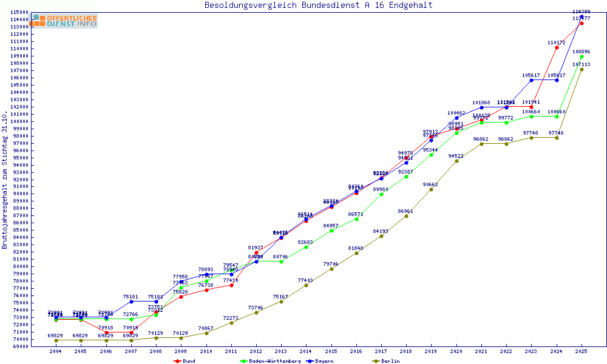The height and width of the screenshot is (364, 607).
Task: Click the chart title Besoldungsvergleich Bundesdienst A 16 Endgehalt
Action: [318, 5]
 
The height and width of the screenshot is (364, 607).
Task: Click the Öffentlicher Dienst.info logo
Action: [65, 21]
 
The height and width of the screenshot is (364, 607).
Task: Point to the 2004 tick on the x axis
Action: [56, 351]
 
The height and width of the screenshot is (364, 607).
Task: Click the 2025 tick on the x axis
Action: [582, 351]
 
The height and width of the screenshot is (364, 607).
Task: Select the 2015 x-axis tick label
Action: [331, 351]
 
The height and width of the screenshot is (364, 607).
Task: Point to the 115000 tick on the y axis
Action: [19, 12]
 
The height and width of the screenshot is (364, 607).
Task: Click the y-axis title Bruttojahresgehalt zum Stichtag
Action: [5, 180]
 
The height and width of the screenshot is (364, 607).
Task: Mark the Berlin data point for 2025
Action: [582, 69]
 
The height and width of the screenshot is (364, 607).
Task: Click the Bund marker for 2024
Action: [557, 47]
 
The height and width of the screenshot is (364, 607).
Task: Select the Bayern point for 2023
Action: [532, 80]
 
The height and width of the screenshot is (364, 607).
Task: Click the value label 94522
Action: [456, 156]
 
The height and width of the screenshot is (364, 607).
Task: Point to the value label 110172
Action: [556, 43]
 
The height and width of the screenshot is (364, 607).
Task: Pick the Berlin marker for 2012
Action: [256, 312]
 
